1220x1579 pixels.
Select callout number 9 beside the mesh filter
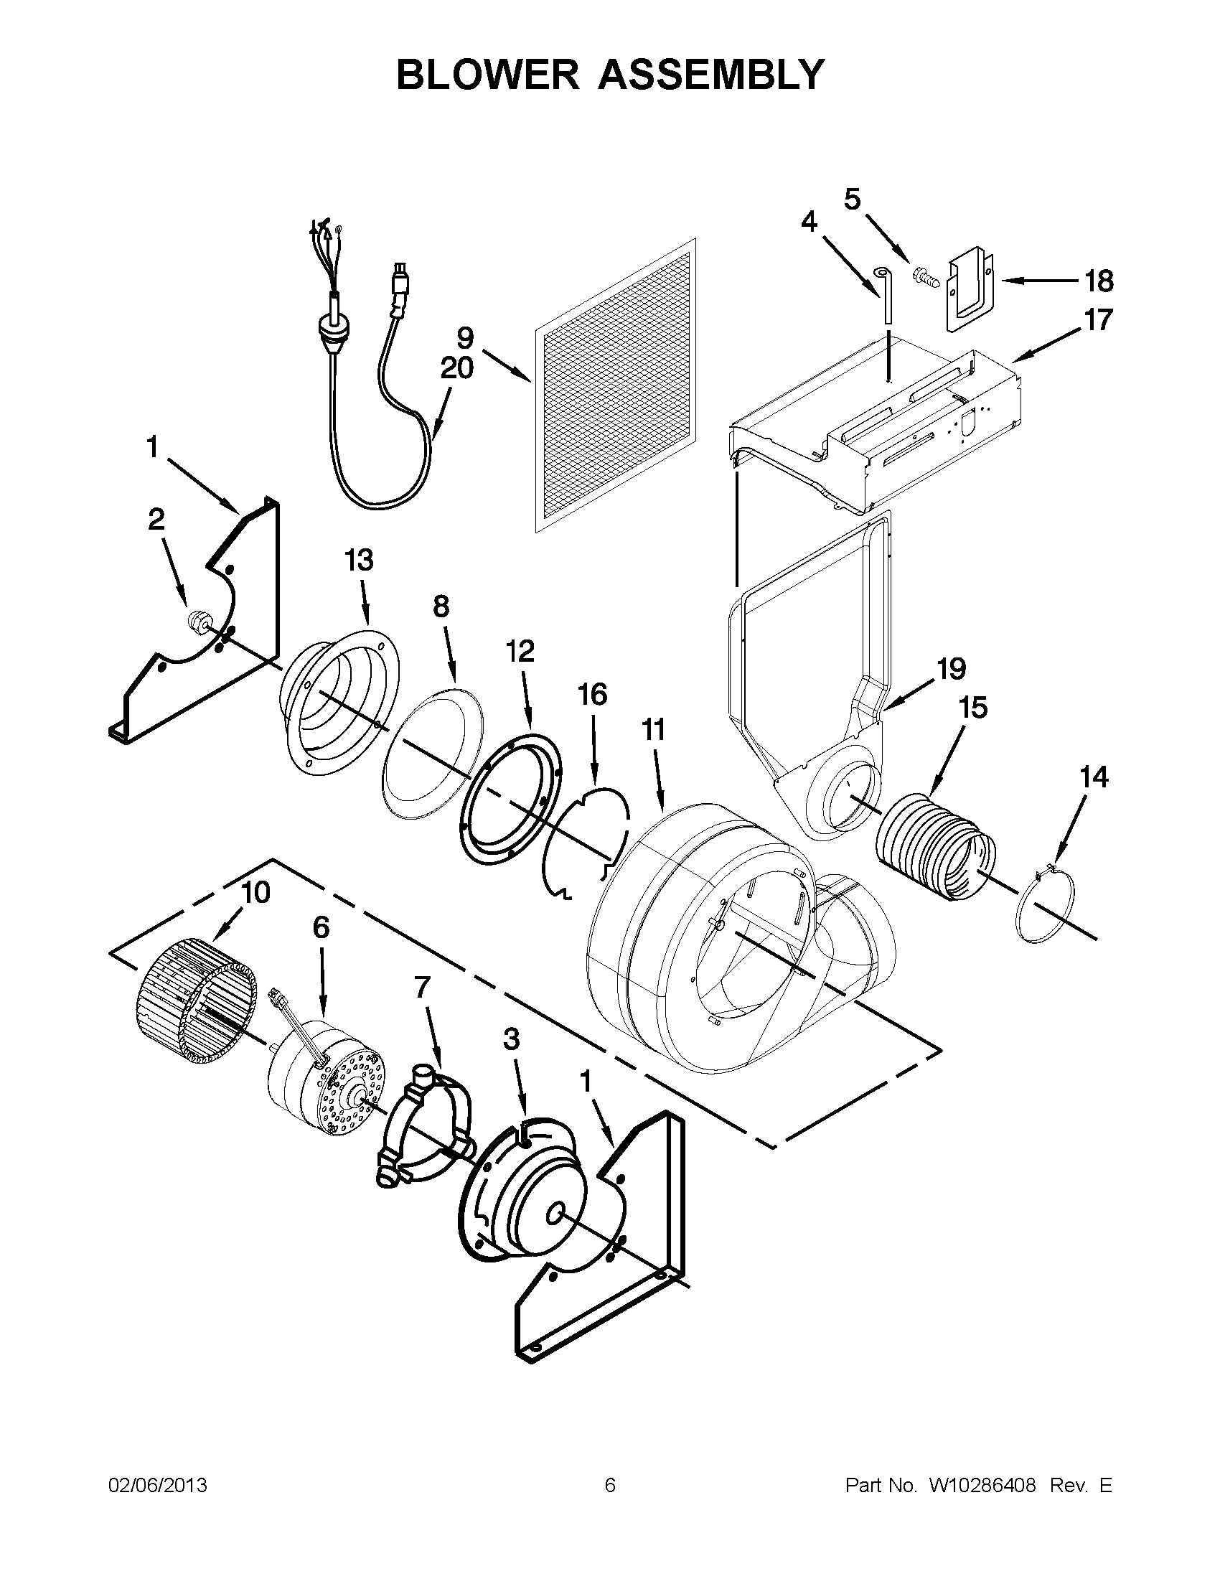[x=466, y=337]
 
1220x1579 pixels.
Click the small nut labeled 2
[x=197, y=621]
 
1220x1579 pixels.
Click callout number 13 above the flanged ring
[x=359, y=559]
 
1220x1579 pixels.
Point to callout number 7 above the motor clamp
[x=422, y=986]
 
